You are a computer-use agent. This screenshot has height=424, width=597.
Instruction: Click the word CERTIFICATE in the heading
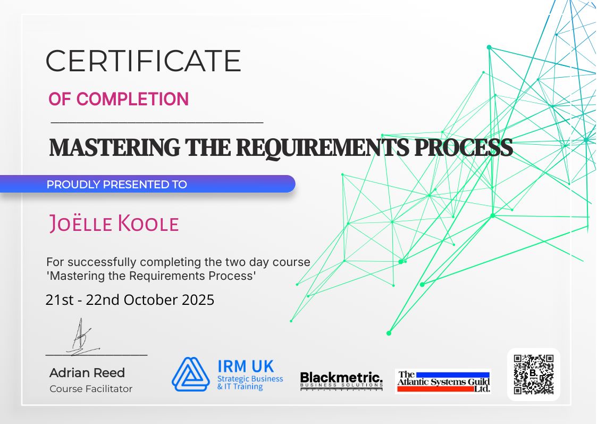coord(143,61)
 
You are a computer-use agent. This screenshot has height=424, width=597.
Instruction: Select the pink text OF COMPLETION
coord(119,99)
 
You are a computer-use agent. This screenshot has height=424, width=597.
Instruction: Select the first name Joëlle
coord(80,224)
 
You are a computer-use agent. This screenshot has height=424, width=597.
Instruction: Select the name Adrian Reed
coord(87,372)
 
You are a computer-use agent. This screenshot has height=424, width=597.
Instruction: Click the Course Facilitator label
coord(91,389)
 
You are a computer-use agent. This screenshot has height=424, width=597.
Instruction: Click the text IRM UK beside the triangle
coord(246,366)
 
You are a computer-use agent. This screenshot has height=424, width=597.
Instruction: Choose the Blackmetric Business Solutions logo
coord(341,380)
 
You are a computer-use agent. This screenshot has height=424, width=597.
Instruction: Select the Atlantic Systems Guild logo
coord(443,381)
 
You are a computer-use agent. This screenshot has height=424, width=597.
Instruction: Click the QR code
coord(533,374)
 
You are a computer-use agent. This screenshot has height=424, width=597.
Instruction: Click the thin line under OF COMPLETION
coord(157,122)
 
